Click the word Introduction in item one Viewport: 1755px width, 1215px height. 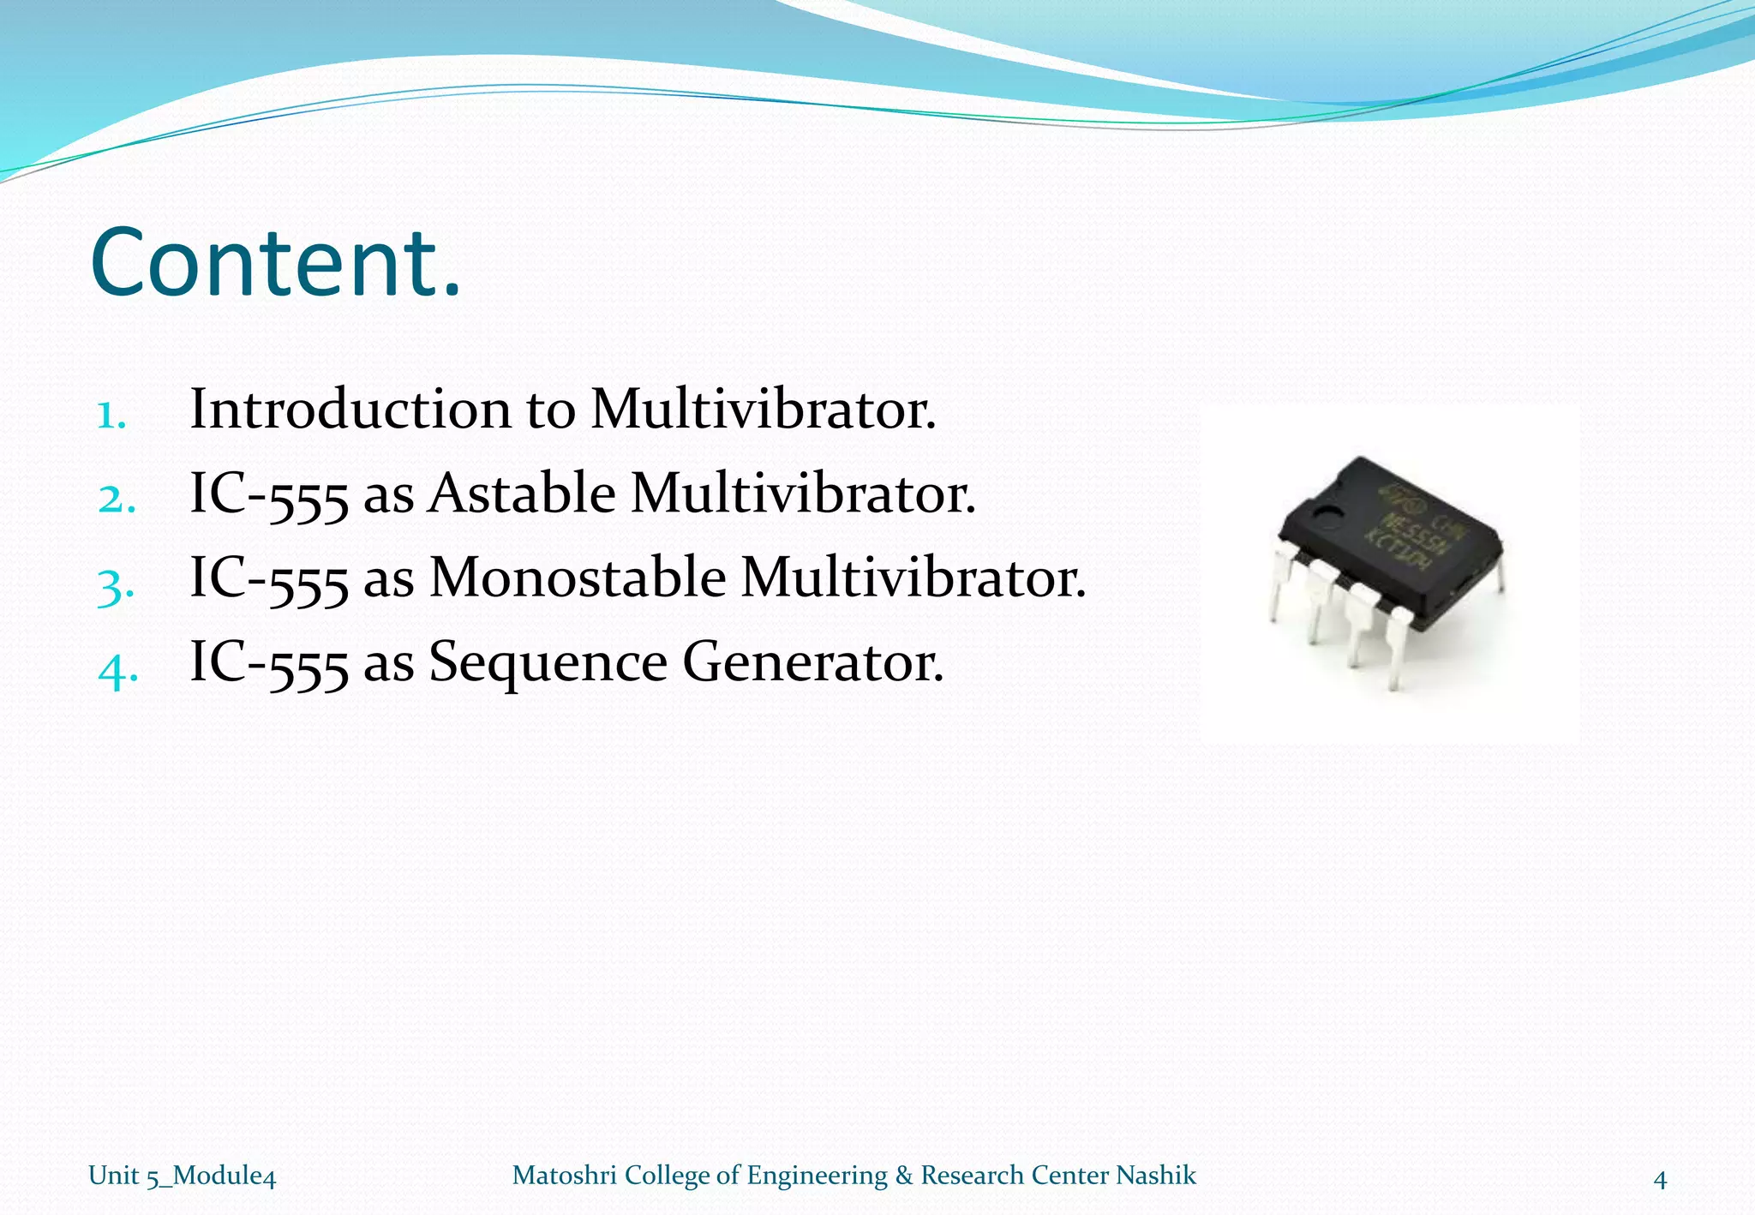350,409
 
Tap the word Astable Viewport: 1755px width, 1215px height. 521,494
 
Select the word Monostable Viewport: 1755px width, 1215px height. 577,578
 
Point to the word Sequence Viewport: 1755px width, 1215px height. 547,662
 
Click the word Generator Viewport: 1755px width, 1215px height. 812,662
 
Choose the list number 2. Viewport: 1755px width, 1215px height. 117,500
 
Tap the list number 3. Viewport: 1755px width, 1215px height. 116,588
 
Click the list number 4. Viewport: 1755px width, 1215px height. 117,671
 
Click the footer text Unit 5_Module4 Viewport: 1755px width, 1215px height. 182,1176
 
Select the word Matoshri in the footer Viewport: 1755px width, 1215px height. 564,1175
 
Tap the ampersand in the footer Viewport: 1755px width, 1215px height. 904,1175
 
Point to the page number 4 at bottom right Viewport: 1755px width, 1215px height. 1660,1180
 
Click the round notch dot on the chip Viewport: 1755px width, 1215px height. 1328,518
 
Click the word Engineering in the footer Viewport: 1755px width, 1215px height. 818,1176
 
